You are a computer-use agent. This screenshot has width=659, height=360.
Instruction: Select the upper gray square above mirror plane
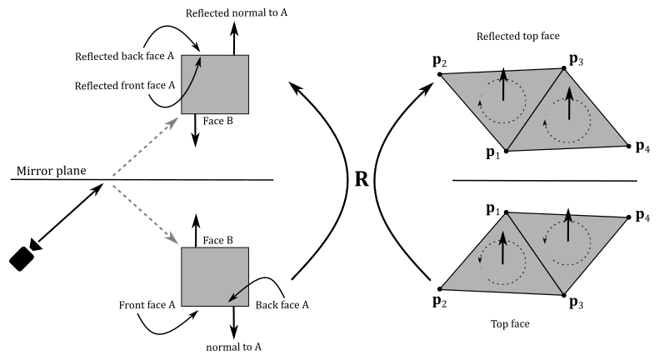(215, 83)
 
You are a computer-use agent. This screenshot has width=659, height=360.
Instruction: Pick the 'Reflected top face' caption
(518, 37)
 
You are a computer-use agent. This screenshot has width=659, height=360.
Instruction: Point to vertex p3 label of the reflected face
(576, 59)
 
